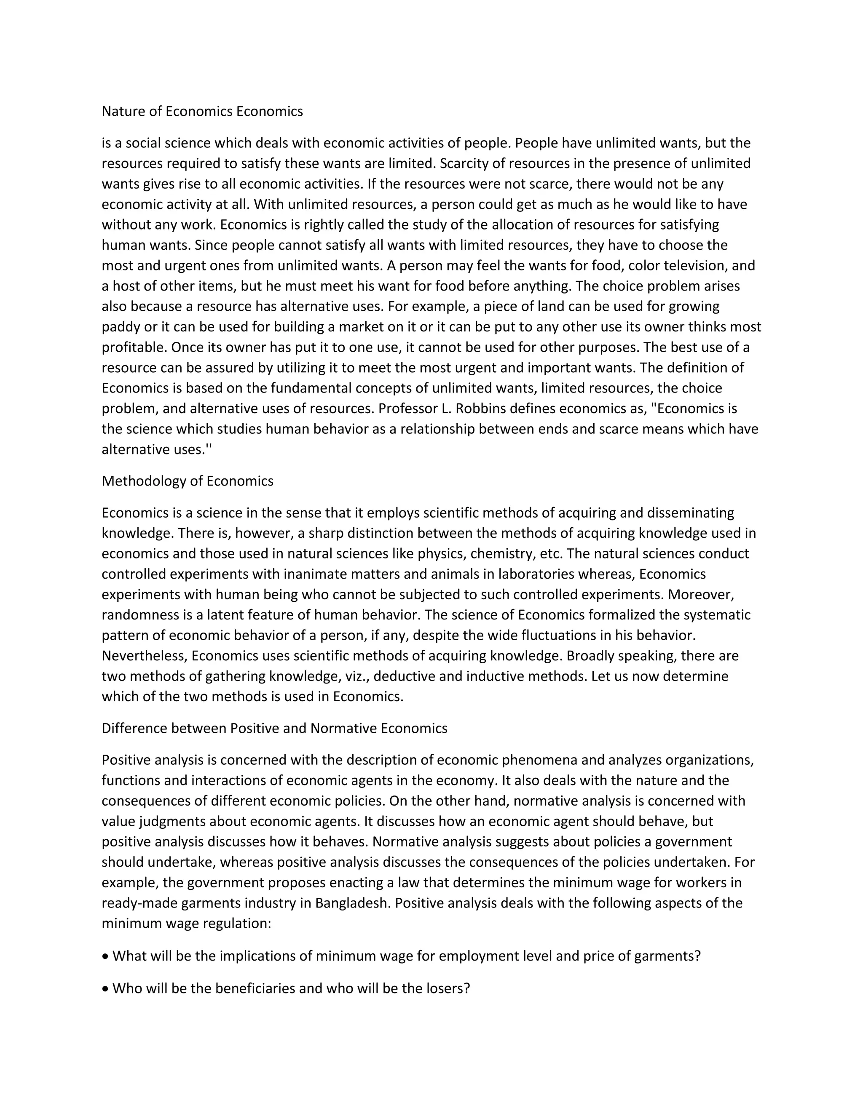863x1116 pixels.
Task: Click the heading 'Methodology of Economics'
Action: tap(187, 481)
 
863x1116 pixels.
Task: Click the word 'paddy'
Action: tap(116, 327)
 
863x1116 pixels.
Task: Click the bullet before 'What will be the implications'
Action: tap(105, 956)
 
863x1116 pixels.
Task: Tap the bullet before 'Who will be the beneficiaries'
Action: tap(105, 989)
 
